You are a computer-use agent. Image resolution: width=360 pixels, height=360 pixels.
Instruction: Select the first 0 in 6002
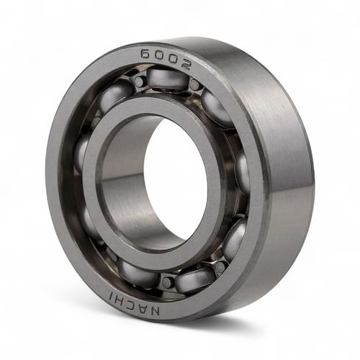point(160,57)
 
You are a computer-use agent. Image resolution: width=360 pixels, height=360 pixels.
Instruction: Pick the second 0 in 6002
point(172,60)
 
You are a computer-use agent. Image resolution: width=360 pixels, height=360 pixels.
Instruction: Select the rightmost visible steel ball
point(243,173)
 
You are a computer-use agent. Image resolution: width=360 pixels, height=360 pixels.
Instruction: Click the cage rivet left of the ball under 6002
point(138,81)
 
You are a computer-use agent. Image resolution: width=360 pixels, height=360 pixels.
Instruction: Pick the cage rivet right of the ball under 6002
point(194,85)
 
